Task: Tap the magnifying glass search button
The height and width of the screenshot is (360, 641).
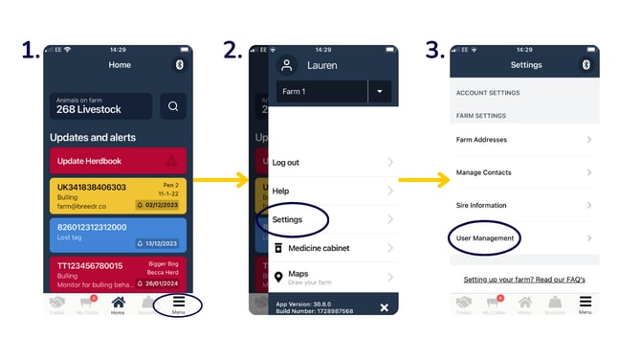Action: click(x=172, y=106)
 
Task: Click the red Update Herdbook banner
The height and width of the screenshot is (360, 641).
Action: click(x=118, y=160)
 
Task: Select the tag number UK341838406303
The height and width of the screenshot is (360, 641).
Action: click(x=92, y=187)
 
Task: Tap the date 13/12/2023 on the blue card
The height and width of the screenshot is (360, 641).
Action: click(x=161, y=244)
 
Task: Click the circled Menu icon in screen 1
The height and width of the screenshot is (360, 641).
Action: click(x=178, y=305)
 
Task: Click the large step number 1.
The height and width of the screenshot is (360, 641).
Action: click(x=29, y=50)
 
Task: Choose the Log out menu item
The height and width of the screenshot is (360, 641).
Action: click(x=287, y=163)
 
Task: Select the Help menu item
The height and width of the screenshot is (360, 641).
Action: click(x=280, y=191)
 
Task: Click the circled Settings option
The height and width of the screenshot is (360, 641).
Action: click(x=288, y=220)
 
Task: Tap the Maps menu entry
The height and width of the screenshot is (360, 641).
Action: click(x=298, y=275)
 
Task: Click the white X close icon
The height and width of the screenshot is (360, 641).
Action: click(x=384, y=307)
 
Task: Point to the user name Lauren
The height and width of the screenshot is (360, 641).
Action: click(x=322, y=66)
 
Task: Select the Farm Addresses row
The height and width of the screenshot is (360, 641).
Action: click(x=483, y=140)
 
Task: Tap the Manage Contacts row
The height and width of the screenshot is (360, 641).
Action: click(x=484, y=172)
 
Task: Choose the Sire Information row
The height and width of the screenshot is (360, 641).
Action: click(x=481, y=205)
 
